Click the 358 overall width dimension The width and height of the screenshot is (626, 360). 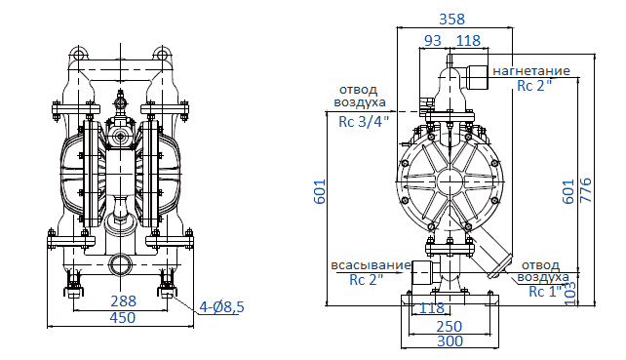tap(451, 19)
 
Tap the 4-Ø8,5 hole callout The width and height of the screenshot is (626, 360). tap(221, 307)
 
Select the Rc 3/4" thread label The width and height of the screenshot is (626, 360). tap(363, 121)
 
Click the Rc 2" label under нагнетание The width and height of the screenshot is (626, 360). tap(534, 86)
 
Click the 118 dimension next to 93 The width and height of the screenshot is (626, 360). tap(469, 40)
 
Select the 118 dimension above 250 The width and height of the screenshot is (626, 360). tap(431, 308)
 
